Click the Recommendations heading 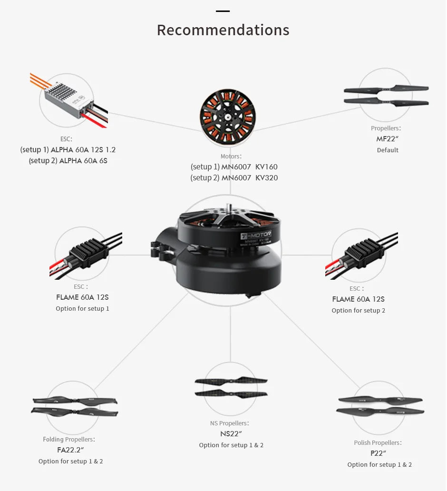point(223,30)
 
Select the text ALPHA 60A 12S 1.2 point(83,150)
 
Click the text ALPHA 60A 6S point(83,161)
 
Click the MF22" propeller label point(387,139)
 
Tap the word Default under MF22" point(388,150)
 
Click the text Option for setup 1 point(82,309)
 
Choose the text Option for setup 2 point(358,311)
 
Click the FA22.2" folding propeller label point(70,450)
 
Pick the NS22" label point(231,434)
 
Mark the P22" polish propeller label point(378,453)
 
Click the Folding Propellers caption point(68,439)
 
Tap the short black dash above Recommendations point(223,11)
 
